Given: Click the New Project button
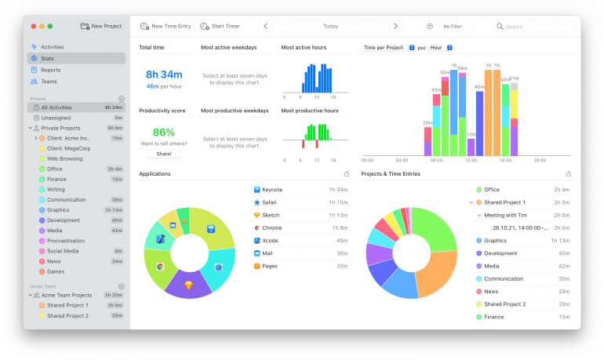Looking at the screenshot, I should click(x=101, y=26).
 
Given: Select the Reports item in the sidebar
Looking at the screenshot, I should click(x=50, y=70).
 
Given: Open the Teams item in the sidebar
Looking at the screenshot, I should click(x=49, y=82).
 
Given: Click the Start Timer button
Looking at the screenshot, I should click(x=220, y=26).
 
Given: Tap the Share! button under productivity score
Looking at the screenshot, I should click(x=163, y=154).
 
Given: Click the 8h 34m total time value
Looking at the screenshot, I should click(x=163, y=75).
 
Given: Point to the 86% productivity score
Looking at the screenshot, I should click(x=163, y=132).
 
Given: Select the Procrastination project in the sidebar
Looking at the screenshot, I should click(x=66, y=241).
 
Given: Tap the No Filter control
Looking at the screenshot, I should click(x=452, y=27).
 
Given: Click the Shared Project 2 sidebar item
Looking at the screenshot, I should click(x=67, y=315).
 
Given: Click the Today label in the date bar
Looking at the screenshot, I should click(x=330, y=27).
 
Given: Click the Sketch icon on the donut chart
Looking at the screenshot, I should click(x=188, y=285).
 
